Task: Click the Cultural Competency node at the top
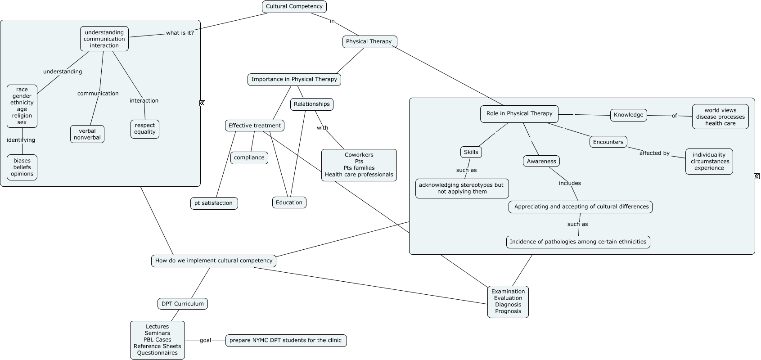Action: tap(294, 7)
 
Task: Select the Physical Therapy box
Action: tap(369, 41)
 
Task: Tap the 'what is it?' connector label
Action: tap(180, 33)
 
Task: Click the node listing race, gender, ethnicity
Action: tap(22, 106)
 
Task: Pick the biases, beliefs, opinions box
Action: tap(22, 167)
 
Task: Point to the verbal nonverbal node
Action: tap(87, 134)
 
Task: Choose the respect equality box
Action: tap(144, 129)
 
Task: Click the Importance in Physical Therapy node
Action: tap(294, 79)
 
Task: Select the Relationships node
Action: tap(311, 104)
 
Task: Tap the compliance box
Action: tap(249, 157)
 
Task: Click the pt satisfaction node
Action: tap(214, 203)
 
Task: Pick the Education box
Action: tap(289, 202)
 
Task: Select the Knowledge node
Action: tap(628, 115)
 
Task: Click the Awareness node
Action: tap(541, 161)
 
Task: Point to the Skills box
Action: tap(471, 152)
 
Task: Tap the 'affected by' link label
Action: tap(654, 153)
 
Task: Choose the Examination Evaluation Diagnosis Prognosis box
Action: tap(508, 301)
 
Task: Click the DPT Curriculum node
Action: tap(182, 304)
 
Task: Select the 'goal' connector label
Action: tap(205, 340)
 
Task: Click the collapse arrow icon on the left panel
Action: tap(202, 103)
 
